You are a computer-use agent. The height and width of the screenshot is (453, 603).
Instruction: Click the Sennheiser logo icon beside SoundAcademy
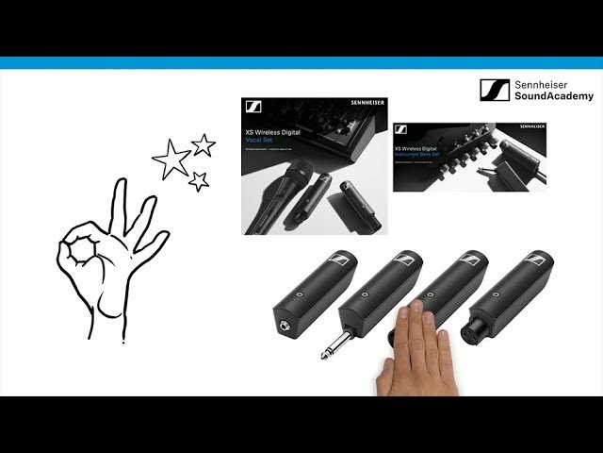[495, 90]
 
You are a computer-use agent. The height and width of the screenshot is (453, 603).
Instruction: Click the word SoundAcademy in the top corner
[554, 96]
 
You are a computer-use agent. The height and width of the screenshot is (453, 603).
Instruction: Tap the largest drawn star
[171, 159]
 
